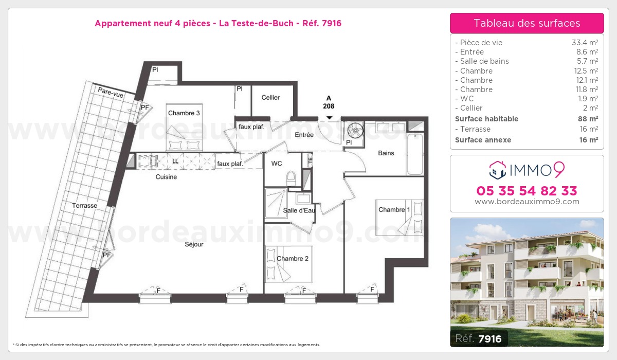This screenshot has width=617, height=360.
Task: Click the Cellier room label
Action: [x=270, y=98]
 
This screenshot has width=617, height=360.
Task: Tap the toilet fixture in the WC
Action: [x=291, y=178]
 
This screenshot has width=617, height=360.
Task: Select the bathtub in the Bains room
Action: [x=415, y=154]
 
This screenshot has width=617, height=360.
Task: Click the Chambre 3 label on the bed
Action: [x=184, y=113]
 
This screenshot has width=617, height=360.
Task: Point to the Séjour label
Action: [x=194, y=244]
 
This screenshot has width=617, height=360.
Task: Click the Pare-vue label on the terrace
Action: [x=111, y=93]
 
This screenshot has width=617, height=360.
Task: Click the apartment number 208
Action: [x=329, y=106]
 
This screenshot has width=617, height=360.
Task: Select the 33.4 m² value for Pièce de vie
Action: [x=585, y=42]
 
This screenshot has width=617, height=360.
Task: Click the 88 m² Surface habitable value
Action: [x=588, y=119]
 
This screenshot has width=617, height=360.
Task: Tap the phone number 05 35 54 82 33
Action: [x=527, y=191]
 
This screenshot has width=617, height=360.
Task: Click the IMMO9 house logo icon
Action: [x=498, y=170]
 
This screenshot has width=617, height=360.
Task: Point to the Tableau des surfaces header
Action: [x=527, y=23]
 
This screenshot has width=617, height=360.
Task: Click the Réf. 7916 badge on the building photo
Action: [x=479, y=338]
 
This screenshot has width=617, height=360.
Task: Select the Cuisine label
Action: [x=166, y=177]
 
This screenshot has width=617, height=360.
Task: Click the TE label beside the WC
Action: [x=310, y=160]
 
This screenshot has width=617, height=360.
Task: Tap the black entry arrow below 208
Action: [x=329, y=118]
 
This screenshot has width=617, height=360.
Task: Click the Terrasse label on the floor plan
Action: [x=84, y=206]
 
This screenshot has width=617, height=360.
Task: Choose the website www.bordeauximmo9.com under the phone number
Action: [x=527, y=202]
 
